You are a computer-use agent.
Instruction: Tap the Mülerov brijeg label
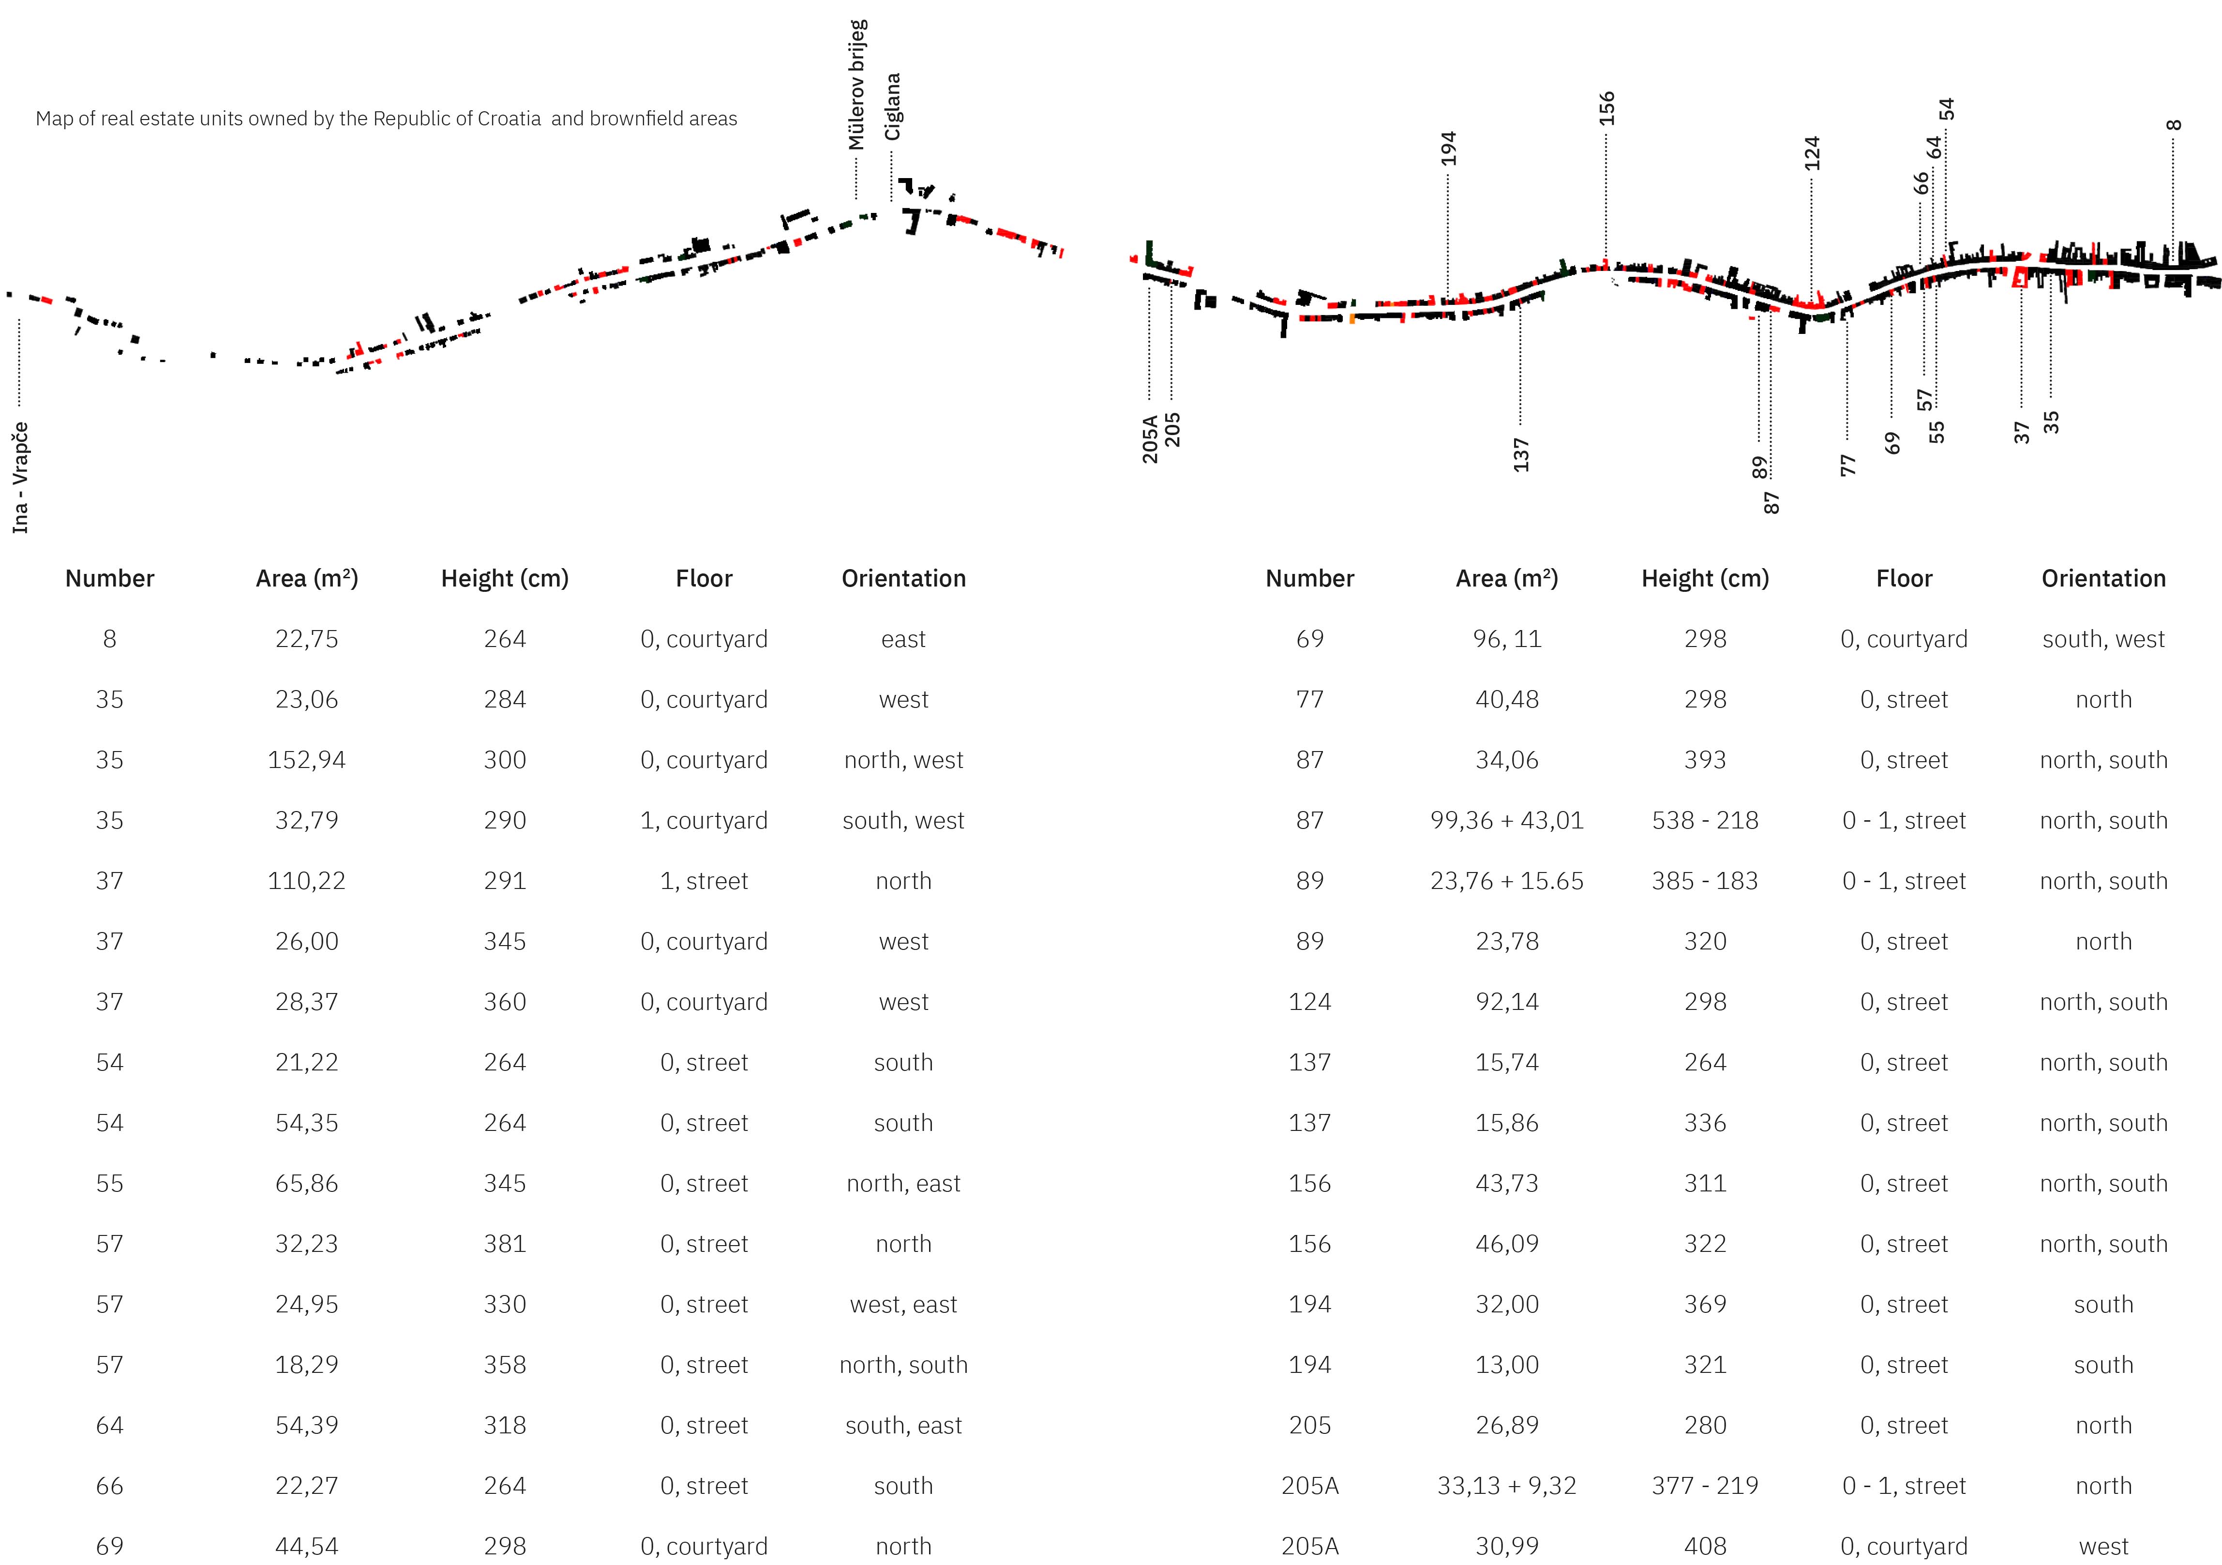click(856, 85)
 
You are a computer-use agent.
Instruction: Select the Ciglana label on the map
click(892, 106)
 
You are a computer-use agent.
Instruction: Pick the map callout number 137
click(1520, 454)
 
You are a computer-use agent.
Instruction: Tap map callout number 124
click(1812, 153)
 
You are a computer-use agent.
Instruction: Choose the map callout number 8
click(2174, 125)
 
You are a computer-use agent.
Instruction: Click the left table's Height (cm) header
click(504, 579)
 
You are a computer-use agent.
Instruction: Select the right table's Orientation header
click(2103, 579)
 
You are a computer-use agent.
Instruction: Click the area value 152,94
click(307, 760)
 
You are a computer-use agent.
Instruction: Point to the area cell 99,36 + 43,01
click(1507, 821)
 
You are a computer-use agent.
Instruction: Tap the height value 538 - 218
click(1704, 821)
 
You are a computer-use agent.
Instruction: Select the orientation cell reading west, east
click(903, 1305)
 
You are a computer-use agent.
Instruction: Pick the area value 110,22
click(307, 881)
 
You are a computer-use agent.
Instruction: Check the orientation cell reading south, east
click(903, 1426)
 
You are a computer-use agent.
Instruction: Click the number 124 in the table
click(1309, 1002)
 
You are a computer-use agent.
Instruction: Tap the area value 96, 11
click(1507, 639)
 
